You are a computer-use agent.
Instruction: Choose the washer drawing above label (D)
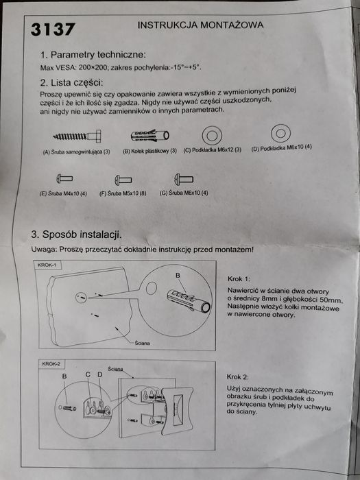280,132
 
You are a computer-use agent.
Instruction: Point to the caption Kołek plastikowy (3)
149,150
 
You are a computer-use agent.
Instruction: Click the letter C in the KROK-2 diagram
88,375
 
